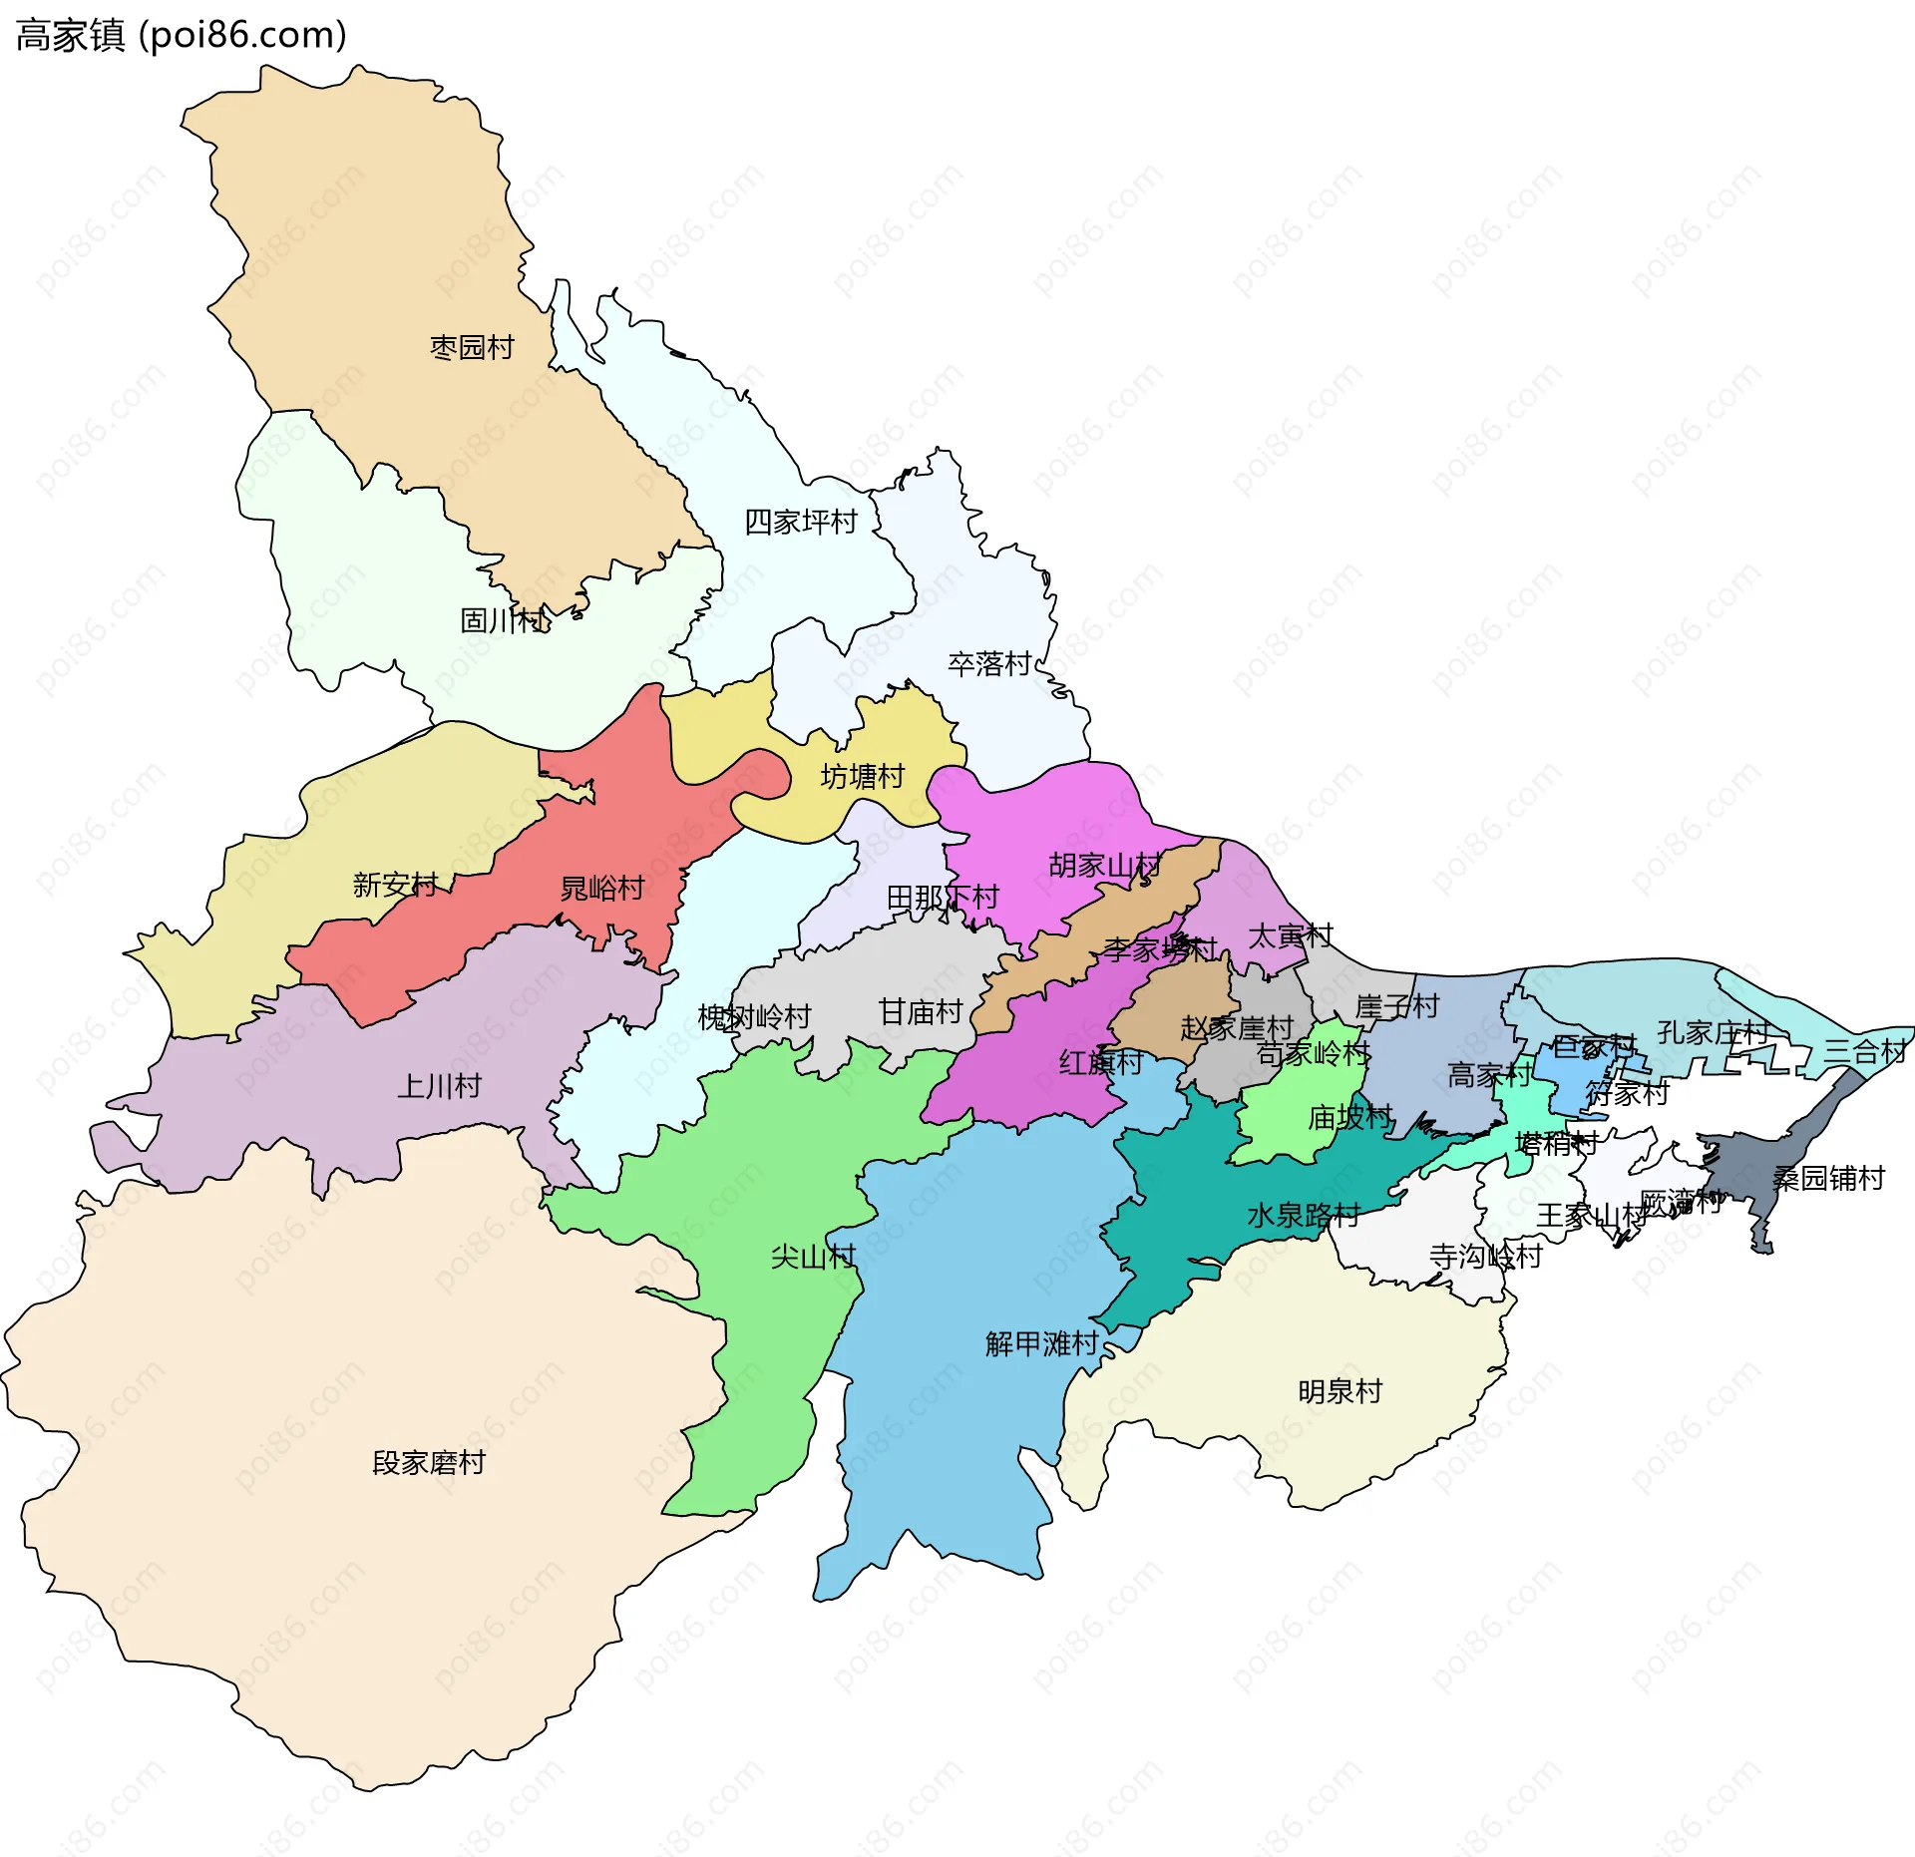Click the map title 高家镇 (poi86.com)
coord(182,35)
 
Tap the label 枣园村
coord(472,347)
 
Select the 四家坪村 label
coord(801,522)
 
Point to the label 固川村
coord(503,620)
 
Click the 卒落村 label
coord(989,664)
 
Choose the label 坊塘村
coord(862,776)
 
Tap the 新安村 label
coord(395,885)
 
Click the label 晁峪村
coord(602,888)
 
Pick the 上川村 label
coord(439,1085)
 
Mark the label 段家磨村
coord(429,1463)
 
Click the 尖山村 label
coord(813,1257)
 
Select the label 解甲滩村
coord(1041,1344)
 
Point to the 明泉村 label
coord(1340,1391)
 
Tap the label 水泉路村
coord(1304,1216)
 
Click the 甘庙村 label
coord(921,1012)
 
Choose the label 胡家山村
coord(1105,866)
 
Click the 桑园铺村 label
coord(1828,1179)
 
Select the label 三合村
coord(1865,1051)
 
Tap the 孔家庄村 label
coord(1714,1032)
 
